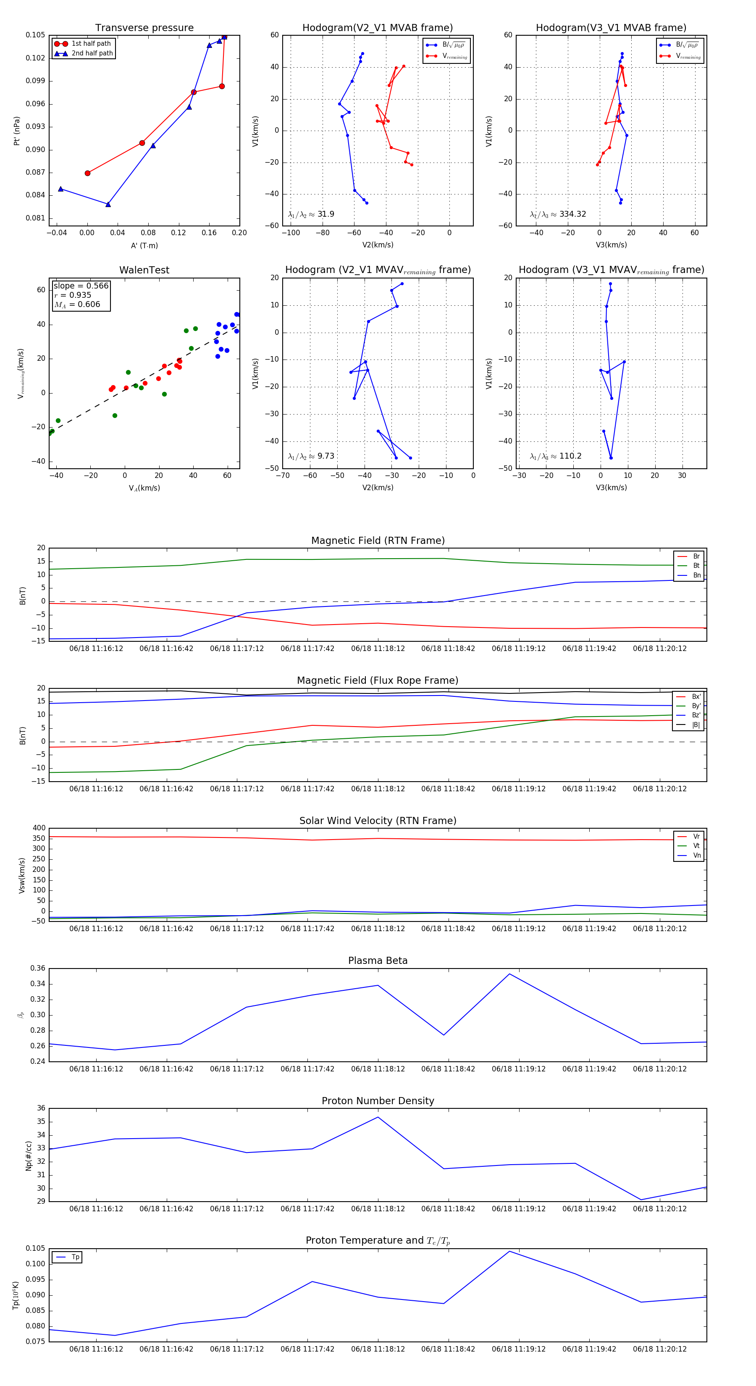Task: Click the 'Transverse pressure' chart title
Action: tap(144, 28)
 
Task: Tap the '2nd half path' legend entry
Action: tap(92, 53)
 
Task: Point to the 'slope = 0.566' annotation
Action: tap(81, 286)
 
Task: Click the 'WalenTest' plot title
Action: tap(144, 270)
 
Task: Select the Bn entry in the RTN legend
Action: tap(696, 575)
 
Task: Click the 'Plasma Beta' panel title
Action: tap(378, 961)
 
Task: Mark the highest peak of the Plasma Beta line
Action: tap(509, 974)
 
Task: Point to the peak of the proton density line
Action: tap(378, 1117)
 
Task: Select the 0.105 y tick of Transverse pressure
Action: tap(36, 35)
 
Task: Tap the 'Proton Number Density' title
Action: tap(378, 1101)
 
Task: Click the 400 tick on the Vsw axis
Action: tap(39, 828)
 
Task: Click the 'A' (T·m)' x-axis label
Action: tap(144, 246)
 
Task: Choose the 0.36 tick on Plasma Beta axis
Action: tap(38, 968)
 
